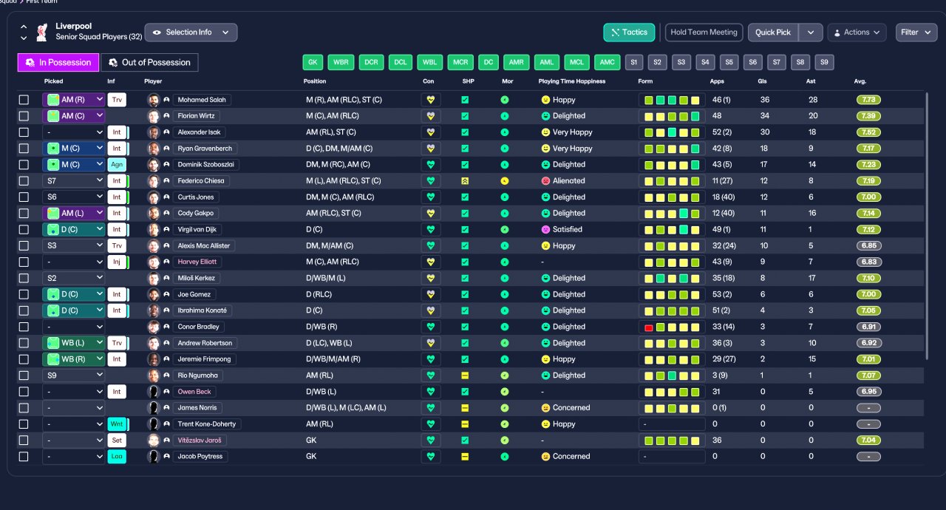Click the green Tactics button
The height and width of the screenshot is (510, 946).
coord(629,33)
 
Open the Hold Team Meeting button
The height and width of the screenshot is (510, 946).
coord(704,33)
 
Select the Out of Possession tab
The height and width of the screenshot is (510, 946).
coord(149,63)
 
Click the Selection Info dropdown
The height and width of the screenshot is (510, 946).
coord(191,33)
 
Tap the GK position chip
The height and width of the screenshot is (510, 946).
coord(313,63)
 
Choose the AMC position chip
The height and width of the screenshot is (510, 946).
coord(607,63)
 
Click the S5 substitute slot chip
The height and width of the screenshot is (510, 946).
coord(729,63)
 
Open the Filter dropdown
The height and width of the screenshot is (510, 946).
coord(916,33)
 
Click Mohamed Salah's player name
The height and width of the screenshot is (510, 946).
coord(202,100)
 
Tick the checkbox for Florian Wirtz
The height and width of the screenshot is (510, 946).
coord(24,116)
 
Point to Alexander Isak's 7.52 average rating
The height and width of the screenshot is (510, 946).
coord(868,132)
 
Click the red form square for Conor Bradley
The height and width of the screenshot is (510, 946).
coord(649,327)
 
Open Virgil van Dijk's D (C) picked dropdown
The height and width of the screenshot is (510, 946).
coord(73,230)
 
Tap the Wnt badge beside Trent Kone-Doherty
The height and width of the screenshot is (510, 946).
coord(117,424)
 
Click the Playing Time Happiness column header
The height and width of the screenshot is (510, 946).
coord(572,81)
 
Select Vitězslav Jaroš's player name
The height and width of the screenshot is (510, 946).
coord(200,441)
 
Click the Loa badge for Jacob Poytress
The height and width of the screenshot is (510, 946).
coord(117,456)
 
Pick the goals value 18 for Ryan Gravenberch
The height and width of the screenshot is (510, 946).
coord(764,149)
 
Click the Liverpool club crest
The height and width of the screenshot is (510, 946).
coord(41,33)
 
